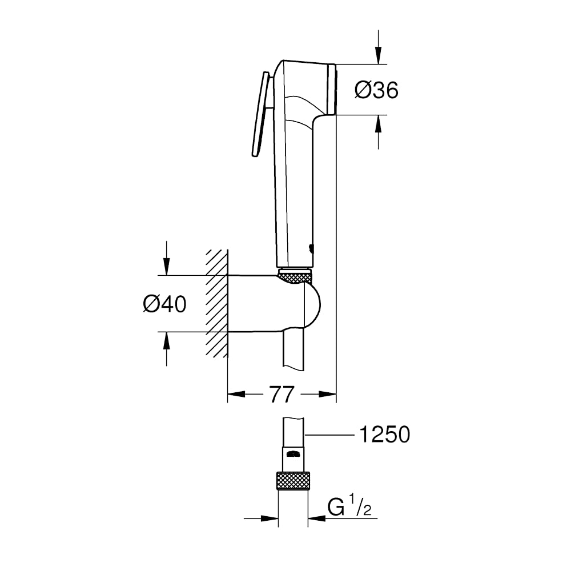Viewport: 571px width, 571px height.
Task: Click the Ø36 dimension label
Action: pyautogui.click(x=376, y=90)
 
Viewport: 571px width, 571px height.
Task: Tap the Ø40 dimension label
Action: pyautogui.click(x=164, y=304)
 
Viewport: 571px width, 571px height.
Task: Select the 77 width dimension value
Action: pyautogui.click(x=282, y=394)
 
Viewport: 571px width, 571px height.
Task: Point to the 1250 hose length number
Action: pyautogui.click(x=384, y=435)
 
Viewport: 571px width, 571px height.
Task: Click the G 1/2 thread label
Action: pyautogui.click(x=349, y=505)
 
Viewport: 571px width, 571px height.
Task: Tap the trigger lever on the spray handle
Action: pyautogui.click(x=260, y=114)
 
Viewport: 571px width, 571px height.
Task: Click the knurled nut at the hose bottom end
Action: pyautogui.click(x=293, y=481)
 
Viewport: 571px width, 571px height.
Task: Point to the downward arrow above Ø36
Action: pyautogui.click(x=379, y=47)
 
